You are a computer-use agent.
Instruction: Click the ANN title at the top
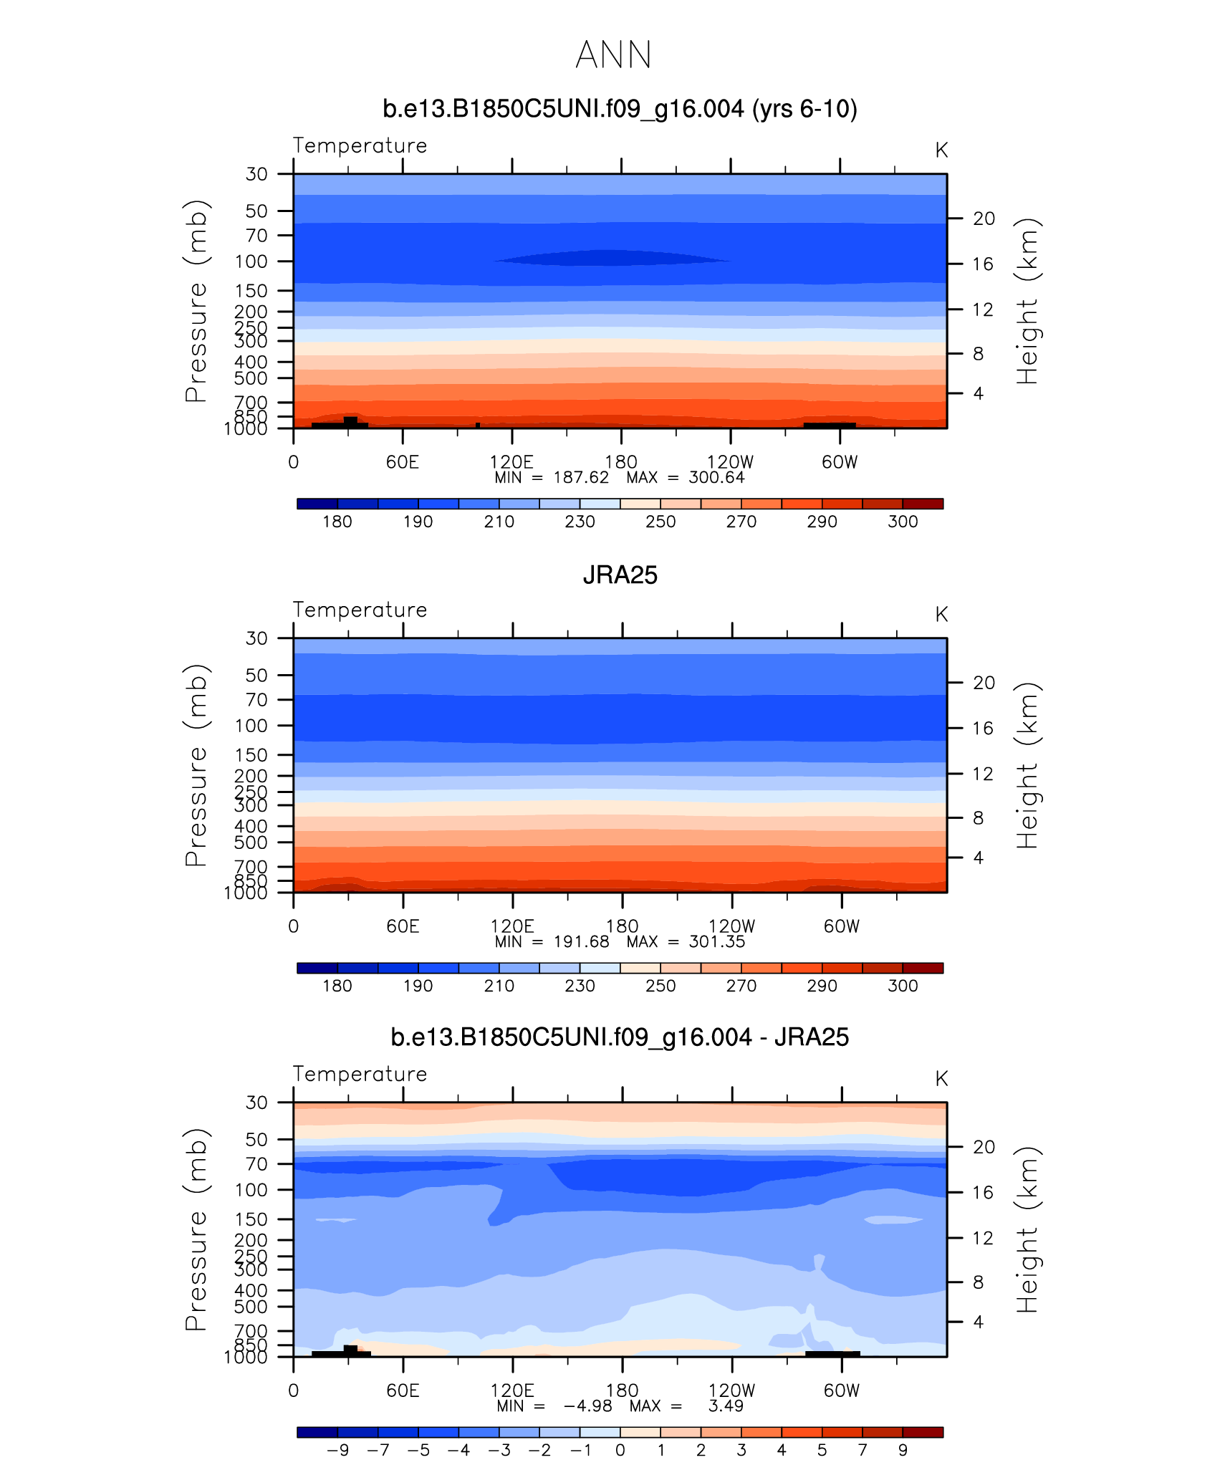click(x=613, y=55)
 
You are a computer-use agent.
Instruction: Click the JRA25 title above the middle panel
click(x=620, y=575)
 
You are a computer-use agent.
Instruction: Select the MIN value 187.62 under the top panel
click(x=581, y=478)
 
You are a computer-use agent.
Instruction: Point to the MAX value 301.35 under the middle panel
click(x=717, y=942)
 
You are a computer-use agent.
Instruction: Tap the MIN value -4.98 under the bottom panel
click(x=587, y=1406)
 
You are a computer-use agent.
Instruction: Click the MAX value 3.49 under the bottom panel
click(x=726, y=1406)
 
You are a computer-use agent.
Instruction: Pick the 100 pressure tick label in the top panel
click(x=251, y=261)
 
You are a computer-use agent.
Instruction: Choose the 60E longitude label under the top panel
click(x=402, y=462)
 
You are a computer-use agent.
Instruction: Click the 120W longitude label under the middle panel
click(x=731, y=926)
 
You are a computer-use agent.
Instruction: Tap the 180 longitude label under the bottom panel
click(x=622, y=1391)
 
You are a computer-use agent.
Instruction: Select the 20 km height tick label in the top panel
click(x=984, y=218)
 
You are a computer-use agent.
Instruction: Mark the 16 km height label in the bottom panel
click(x=984, y=1192)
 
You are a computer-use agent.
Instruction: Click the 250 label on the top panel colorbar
click(x=660, y=522)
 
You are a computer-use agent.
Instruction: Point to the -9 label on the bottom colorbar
click(x=337, y=1450)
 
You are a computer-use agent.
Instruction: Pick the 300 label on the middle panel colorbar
click(x=903, y=986)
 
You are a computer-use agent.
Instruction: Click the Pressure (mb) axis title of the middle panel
click(x=196, y=765)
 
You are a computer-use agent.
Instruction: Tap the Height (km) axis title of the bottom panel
click(x=1027, y=1229)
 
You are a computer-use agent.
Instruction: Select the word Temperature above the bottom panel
click(x=360, y=1074)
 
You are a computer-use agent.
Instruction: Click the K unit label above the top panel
click(x=941, y=150)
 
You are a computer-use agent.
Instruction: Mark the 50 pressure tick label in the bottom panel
click(x=256, y=1140)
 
